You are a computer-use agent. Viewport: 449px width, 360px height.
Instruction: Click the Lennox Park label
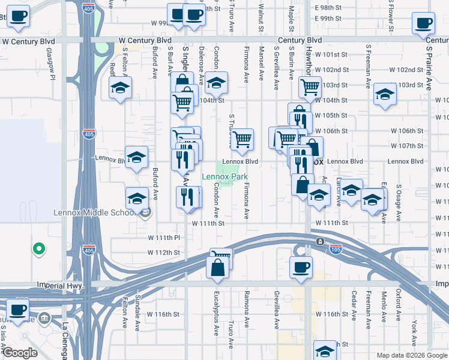pos(224,176)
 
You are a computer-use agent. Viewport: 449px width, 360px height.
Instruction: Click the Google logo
pos(20,353)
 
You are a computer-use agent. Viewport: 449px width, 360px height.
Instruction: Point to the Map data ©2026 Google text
pos(411,355)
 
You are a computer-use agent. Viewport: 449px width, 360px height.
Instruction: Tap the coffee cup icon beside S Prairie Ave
pos(423,24)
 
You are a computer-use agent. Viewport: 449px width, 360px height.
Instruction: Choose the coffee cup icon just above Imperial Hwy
pos(301,267)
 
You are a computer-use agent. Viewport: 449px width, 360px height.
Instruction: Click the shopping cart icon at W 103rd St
pos(310,87)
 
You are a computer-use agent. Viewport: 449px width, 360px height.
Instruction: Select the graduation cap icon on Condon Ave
pos(216,83)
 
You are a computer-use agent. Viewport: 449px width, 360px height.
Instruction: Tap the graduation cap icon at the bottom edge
pos(325,352)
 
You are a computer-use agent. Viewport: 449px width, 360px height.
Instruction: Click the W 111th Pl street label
pos(164,238)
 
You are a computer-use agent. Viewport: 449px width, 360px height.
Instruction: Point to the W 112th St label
pos(164,253)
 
